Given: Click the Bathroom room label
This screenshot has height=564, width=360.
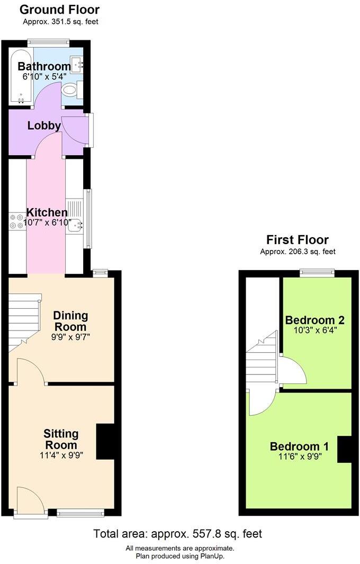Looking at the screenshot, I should (44, 66).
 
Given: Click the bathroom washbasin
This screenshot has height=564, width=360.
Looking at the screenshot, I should (77, 65).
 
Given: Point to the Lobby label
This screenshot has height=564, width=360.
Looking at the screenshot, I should (44, 126).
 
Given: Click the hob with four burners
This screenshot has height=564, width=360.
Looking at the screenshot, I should (16, 220).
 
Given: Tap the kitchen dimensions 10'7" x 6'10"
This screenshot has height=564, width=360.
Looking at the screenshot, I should (47, 223).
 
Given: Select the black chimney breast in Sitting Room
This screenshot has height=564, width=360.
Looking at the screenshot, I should (105, 442).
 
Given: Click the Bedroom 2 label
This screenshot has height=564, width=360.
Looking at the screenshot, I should (315, 320).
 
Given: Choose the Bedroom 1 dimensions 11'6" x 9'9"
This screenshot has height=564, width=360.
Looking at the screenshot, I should (296, 456).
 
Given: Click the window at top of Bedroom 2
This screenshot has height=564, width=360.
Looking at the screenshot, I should (317, 273).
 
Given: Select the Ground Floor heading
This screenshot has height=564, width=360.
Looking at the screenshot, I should (59, 10).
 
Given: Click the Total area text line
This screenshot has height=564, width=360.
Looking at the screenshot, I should (177, 534).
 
